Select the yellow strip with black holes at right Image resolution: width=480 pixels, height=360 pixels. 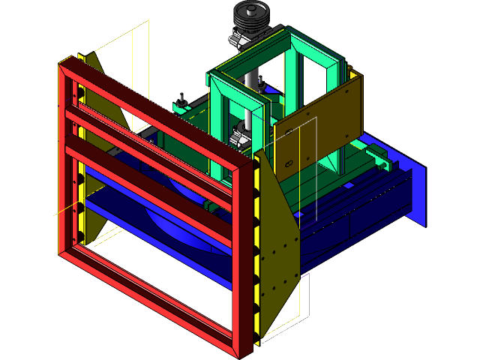[259, 247]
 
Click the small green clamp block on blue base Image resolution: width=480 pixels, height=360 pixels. [377, 155]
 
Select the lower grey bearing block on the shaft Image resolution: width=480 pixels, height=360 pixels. [243, 136]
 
